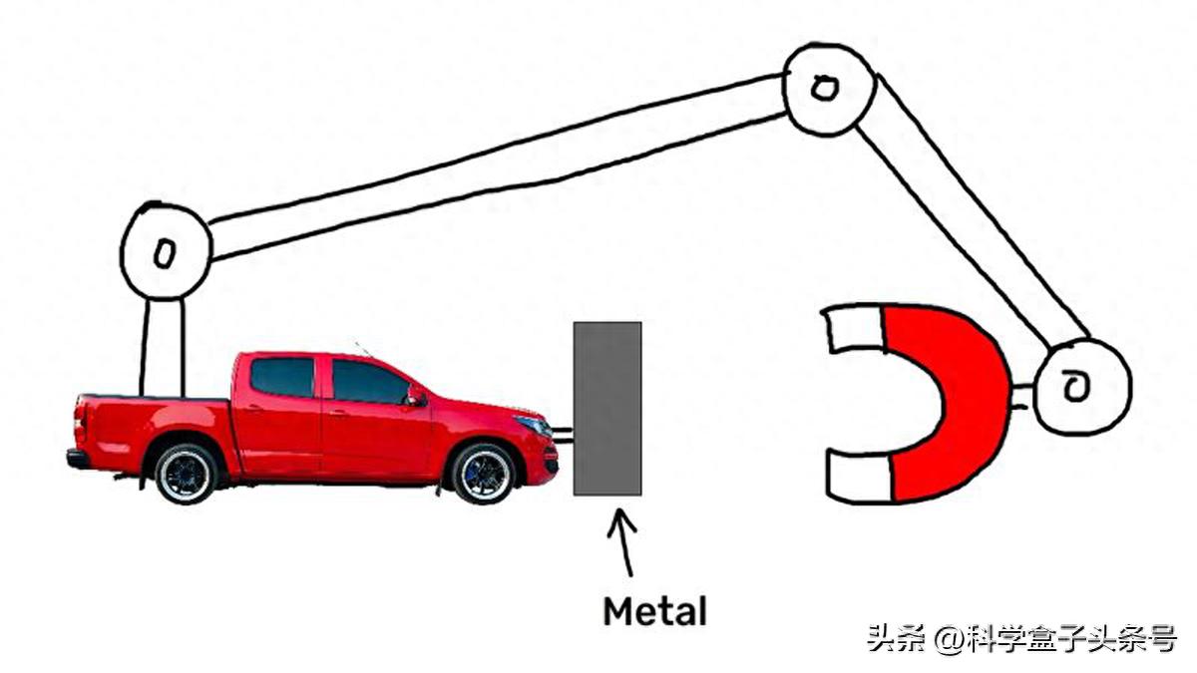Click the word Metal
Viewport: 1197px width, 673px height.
pos(654,610)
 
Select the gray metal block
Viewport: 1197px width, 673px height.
pos(606,409)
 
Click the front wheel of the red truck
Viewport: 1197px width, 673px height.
pos(483,473)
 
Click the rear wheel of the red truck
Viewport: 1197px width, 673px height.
pos(187,473)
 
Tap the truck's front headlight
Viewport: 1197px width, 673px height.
pos(535,426)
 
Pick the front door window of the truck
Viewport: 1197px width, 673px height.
pos(366,382)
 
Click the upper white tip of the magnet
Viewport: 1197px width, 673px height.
pos(853,330)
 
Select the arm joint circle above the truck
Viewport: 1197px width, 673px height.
pos(165,251)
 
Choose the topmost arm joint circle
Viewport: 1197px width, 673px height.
pos(826,88)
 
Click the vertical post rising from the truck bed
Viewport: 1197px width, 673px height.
pos(164,346)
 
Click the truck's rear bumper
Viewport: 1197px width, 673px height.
pos(77,459)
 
